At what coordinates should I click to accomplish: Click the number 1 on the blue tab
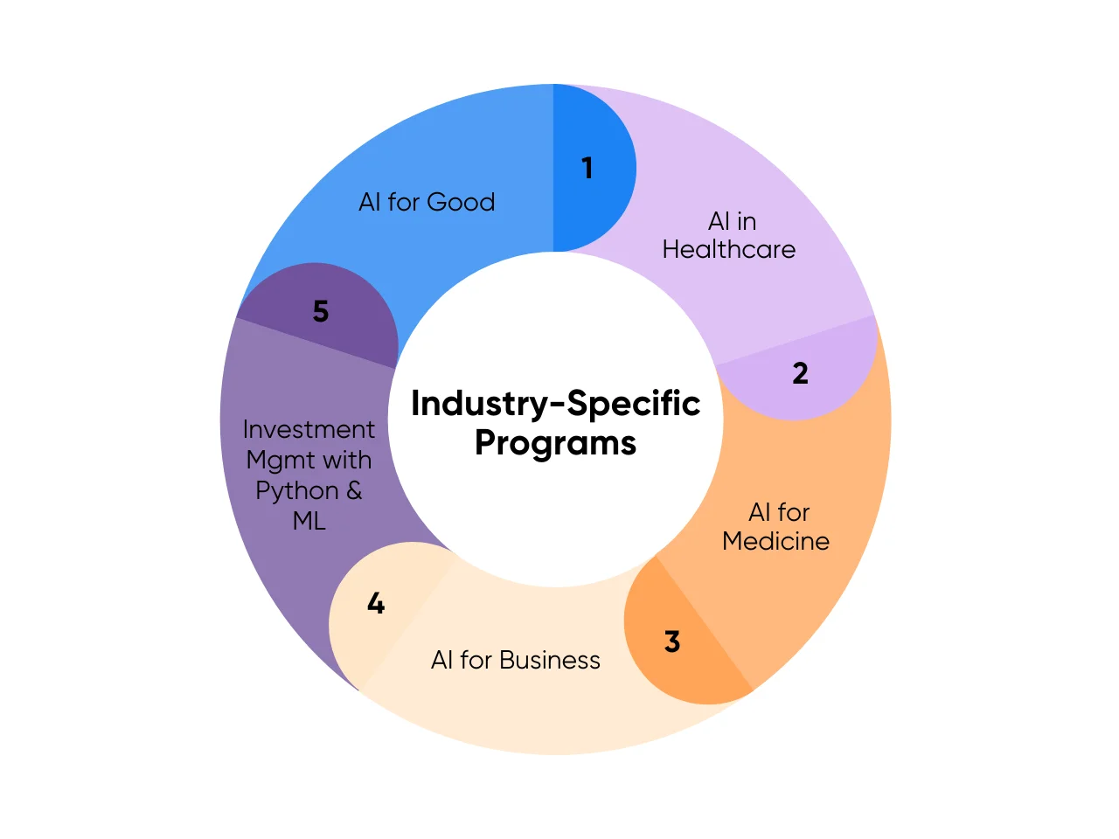point(587,168)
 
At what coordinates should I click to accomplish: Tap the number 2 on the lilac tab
point(800,373)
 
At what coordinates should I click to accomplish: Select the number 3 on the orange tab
point(672,641)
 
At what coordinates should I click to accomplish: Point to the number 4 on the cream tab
point(376,603)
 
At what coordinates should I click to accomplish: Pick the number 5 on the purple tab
point(321,311)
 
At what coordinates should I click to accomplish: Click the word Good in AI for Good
point(462,202)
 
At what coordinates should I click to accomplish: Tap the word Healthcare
point(728,250)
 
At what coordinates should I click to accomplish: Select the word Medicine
point(775,541)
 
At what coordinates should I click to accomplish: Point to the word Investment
point(309,429)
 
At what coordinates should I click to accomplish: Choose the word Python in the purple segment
point(296,491)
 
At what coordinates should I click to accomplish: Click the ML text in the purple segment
point(309,521)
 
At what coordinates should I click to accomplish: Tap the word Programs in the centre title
point(555,444)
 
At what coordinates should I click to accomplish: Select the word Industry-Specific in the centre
point(555,404)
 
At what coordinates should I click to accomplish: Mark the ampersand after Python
point(354,490)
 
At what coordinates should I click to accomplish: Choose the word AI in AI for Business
point(441,660)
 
